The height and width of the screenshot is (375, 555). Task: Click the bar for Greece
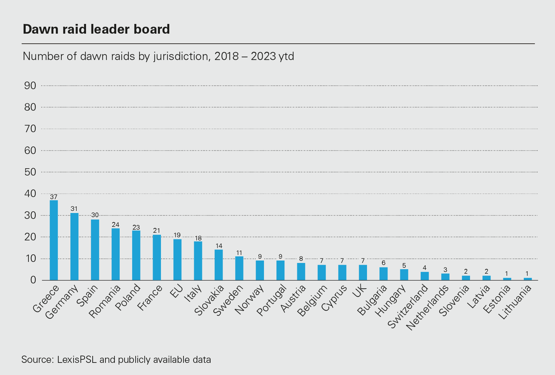tap(54, 240)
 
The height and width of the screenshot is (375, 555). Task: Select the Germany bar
tap(74, 246)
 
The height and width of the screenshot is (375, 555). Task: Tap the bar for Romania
tap(116, 254)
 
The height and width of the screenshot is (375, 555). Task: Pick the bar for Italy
tap(198, 261)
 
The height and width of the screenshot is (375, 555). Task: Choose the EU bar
tap(177, 259)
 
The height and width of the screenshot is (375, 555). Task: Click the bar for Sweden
tap(239, 268)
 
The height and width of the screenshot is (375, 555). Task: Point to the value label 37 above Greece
tap(53, 197)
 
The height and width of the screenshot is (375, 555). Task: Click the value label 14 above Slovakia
tap(219, 246)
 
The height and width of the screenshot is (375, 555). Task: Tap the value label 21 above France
tap(157, 231)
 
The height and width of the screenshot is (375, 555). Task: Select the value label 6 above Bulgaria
tap(383, 263)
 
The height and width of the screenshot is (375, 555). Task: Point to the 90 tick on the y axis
tap(30, 86)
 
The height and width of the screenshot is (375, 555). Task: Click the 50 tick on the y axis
tap(30, 172)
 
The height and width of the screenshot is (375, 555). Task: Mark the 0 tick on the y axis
tap(33, 280)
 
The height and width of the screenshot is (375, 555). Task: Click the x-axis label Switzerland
tap(408, 307)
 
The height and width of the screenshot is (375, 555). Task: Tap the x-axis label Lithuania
tap(515, 302)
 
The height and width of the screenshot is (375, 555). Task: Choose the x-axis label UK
tap(359, 291)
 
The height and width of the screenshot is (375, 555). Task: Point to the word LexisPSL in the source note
tap(76, 360)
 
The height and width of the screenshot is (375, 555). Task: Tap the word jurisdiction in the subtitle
tap(181, 56)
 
